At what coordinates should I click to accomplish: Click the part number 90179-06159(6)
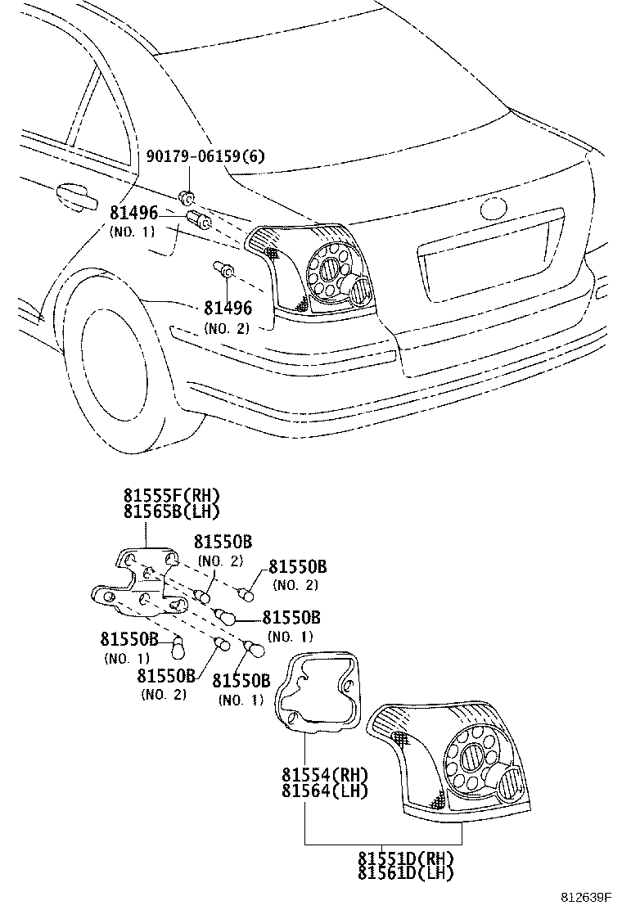pos(205,156)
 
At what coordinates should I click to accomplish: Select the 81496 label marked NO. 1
pos(133,213)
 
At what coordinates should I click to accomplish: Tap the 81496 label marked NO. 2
pos(228,308)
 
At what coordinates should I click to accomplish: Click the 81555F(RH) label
pos(172,495)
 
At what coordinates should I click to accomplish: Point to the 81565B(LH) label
pos(172,511)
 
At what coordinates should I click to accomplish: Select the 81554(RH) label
pos(325,774)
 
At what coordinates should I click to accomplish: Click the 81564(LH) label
pos(325,790)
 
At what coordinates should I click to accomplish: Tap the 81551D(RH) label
pos(405,858)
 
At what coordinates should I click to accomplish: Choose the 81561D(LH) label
pos(405,873)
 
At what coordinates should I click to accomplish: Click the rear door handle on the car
pos(76,196)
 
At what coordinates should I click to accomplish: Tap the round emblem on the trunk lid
pos(494,209)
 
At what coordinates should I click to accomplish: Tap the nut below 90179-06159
pos(187,198)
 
